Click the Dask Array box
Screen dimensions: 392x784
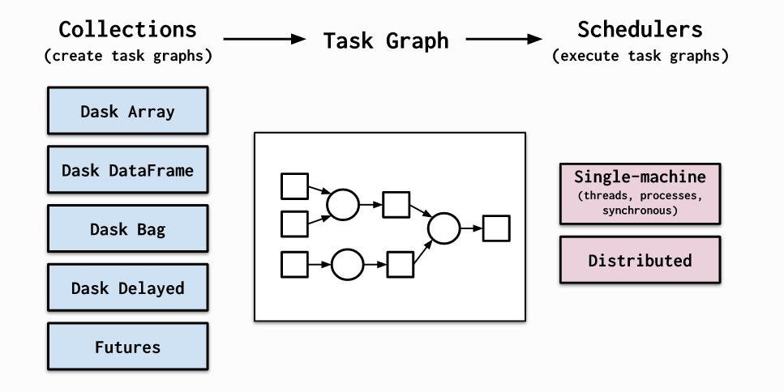pyautogui.click(x=127, y=112)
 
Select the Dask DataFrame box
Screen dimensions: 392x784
pyautogui.click(x=127, y=171)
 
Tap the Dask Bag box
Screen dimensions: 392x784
pyautogui.click(x=127, y=229)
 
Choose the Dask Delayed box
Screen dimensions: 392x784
pyautogui.click(x=127, y=288)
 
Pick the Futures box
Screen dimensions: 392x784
pyautogui.click(x=127, y=347)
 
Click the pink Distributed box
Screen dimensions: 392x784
pyautogui.click(x=640, y=260)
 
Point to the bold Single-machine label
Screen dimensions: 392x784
pyautogui.click(x=640, y=177)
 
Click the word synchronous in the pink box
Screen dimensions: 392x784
pyautogui.click(x=640, y=210)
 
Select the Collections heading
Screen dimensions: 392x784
pyautogui.click(x=127, y=30)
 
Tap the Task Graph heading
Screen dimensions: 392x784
pyautogui.click(x=386, y=40)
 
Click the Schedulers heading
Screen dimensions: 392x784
pyautogui.click(x=640, y=30)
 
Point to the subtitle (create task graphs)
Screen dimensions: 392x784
pyautogui.click(x=127, y=56)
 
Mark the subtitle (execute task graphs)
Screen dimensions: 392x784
pyautogui.click(x=640, y=56)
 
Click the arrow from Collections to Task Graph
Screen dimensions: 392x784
pyautogui.click(x=263, y=38)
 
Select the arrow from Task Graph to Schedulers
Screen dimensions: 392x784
pyautogui.click(x=503, y=38)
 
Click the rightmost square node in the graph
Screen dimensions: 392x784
pyautogui.click(x=495, y=228)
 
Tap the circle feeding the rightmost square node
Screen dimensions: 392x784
pyautogui.click(x=443, y=228)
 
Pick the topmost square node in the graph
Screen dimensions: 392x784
pyautogui.click(x=294, y=185)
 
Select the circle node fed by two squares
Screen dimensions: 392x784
pyautogui.click(x=342, y=205)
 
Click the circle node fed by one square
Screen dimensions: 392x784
pyautogui.click(x=347, y=264)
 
